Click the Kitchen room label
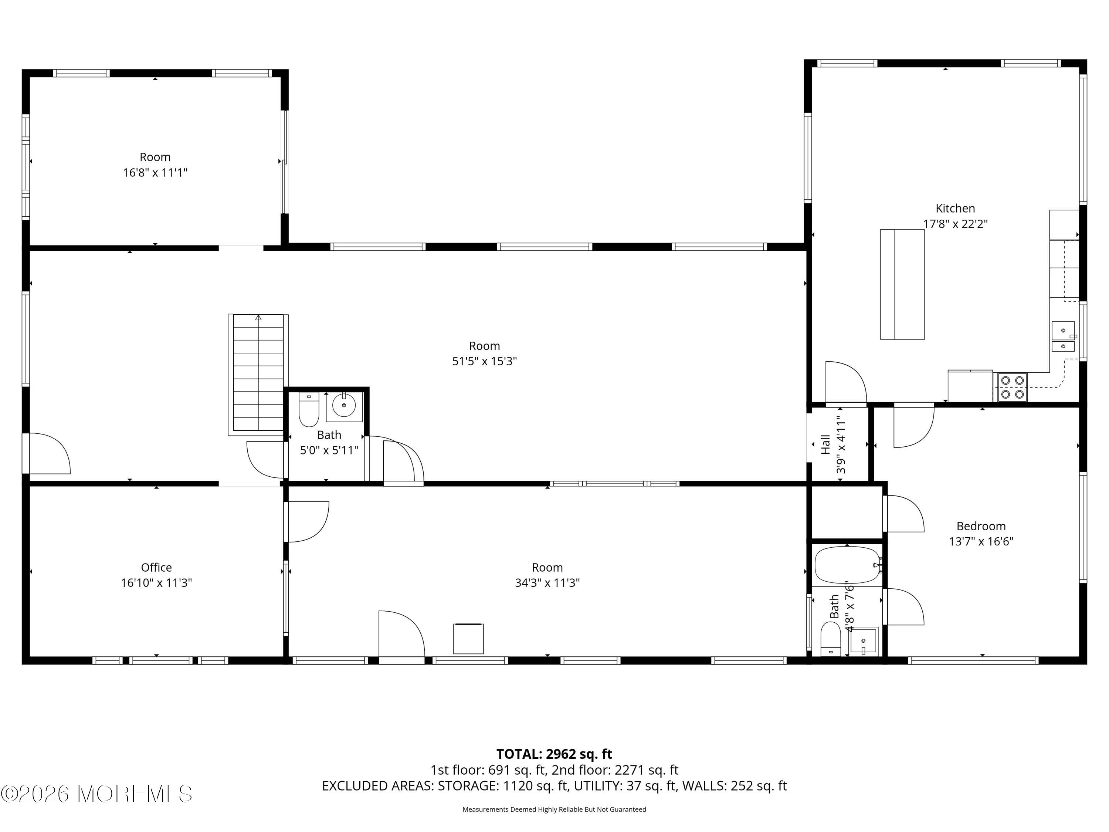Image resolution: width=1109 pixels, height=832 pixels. [x=955, y=208]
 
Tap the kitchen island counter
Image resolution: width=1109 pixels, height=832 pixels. [x=902, y=284]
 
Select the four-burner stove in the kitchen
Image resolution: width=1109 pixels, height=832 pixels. [x=1012, y=387]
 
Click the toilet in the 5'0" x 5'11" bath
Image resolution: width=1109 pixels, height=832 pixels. [x=309, y=409]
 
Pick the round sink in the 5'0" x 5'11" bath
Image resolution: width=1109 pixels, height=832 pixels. [x=344, y=405]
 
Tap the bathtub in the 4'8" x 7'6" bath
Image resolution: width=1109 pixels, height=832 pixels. [x=847, y=565]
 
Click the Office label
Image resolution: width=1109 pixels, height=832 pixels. [x=156, y=567]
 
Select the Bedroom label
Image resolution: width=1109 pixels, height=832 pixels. [x=981, y=526]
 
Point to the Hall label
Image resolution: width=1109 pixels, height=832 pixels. [x=825, y=444]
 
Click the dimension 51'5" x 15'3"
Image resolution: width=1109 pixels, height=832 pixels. [x=484, y=361]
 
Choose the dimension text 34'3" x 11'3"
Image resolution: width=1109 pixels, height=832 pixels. [x=547, y=583]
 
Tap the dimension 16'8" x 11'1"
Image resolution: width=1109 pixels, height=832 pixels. [x=155, y=173]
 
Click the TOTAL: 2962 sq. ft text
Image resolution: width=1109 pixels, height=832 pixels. [x=554, y=754]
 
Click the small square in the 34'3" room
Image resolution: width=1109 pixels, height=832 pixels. [x=468, y=639]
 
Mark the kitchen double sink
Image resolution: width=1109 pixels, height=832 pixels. [x=1063, y=336]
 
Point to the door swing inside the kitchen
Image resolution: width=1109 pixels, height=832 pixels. [x=846, y=382]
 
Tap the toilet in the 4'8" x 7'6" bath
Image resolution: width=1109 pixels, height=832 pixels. [x=830, y=639]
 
